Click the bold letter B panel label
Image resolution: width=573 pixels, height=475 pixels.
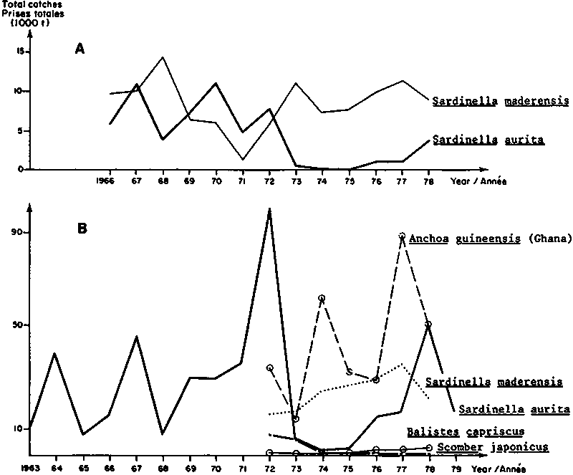click(x=82, y=229)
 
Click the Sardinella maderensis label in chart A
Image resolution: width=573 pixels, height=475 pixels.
click(x=501, y=101)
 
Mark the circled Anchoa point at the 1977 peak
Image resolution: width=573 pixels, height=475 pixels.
click(x=403, y=236)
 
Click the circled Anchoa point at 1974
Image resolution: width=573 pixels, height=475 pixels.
click(x=322, y=298)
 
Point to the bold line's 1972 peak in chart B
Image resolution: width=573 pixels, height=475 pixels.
click(x=269, y=210)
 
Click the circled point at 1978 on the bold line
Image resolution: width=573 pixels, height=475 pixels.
click(x=428, y=325)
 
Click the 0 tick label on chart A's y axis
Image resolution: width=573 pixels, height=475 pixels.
click(x=20, y=169)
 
